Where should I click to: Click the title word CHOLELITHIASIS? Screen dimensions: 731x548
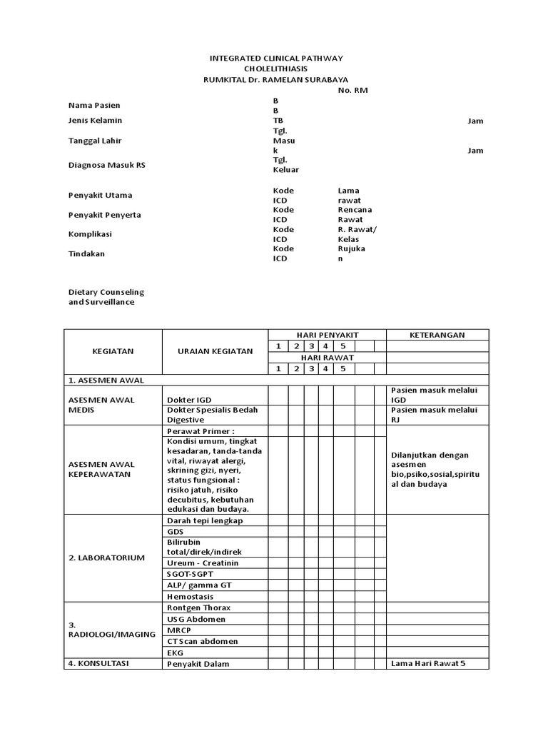(275, 69)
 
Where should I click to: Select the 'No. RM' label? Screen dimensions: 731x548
(352, 91)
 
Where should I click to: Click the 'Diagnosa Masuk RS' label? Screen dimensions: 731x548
(106, 165)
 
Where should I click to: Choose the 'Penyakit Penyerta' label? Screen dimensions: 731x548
(104, 215)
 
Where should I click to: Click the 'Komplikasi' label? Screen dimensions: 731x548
(90, 234)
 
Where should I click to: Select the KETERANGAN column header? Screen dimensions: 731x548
(437, 335)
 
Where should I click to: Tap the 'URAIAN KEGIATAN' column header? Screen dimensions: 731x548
(215, 352)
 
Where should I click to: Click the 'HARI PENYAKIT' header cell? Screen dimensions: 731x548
(327, 335)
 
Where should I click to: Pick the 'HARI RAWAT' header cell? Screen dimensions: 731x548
(327, 358)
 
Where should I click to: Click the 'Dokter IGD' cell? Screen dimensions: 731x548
(189, 400)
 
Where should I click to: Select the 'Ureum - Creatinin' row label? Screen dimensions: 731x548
(202, 563)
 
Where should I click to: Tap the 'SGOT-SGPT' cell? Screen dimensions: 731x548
(189, 574)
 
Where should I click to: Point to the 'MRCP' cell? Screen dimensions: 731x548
(179, 630)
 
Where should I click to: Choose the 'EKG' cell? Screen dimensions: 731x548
(175, 652)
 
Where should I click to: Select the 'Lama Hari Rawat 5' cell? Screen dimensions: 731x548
(428, 664)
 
